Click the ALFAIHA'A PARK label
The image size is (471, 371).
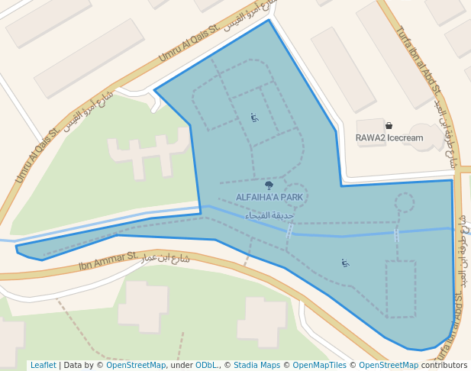269,197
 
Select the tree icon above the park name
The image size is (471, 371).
269,185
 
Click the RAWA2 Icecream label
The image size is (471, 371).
389,138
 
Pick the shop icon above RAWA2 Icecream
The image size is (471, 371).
389,125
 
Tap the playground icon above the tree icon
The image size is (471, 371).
254,118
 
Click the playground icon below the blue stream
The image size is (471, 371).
345,263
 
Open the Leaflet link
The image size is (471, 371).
43,366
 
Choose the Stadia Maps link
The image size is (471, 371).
256,366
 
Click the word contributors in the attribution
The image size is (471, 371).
444,366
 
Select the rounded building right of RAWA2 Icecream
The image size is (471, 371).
427,135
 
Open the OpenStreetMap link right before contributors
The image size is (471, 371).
389,366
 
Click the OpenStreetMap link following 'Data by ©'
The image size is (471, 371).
136,366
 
